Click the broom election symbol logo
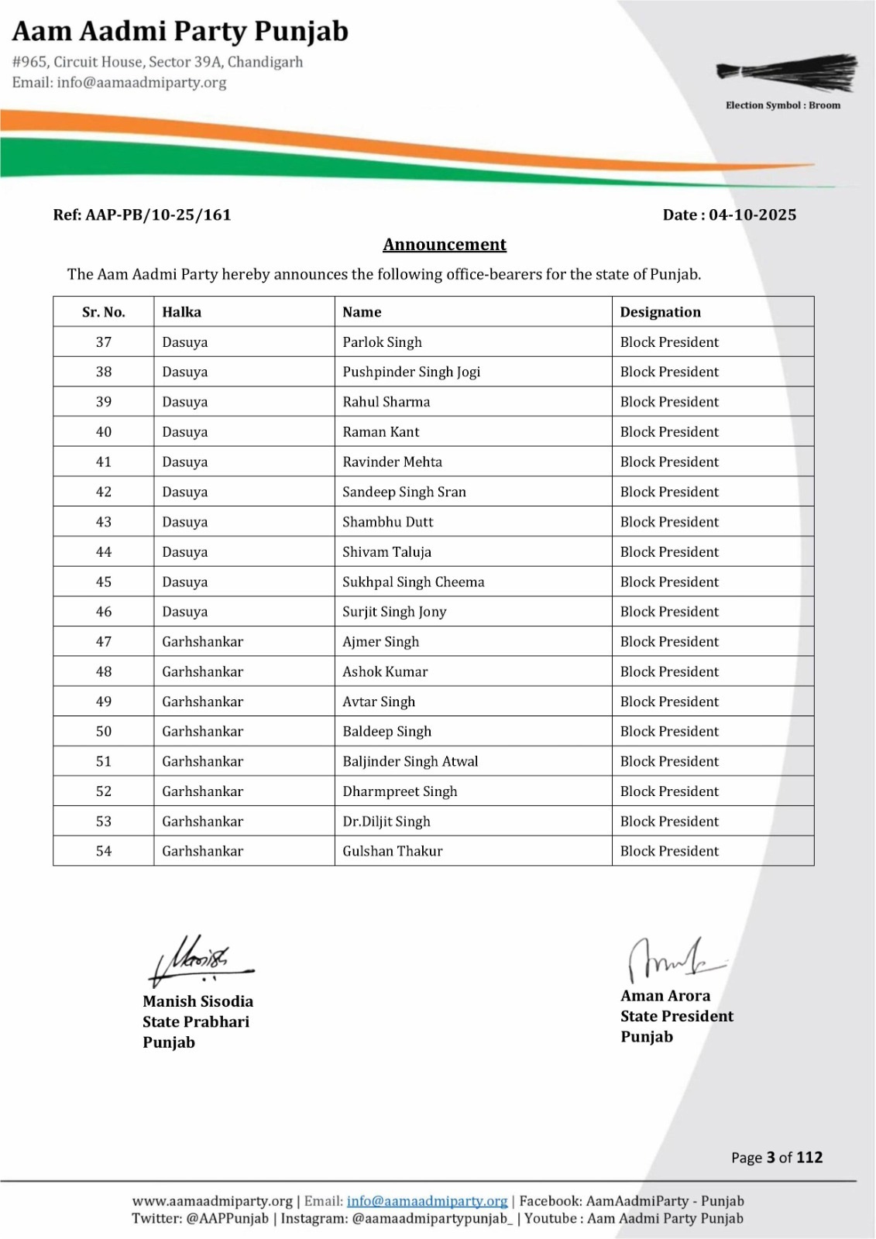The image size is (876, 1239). click(x=787, y=74)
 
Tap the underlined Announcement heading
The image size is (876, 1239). click(x=445, y=245)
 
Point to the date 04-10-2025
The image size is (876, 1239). click(x=752, y=215)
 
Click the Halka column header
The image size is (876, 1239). click(x=181, y=312)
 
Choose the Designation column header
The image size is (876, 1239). click(x=660, y=312)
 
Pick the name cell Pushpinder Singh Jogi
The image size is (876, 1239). click(x=411, y=372)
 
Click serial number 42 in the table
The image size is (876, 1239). click(x=104, y=492)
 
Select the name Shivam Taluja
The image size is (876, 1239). click(x=386, y=552)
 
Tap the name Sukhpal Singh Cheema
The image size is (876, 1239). click(x=414, y=582)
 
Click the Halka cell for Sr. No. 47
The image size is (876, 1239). click(x=202, y=642)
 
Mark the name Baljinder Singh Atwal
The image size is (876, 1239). click(x=411, y=761)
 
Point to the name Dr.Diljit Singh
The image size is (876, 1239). click(x=386, y=822)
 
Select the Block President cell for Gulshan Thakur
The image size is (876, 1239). click(x=669, y=851)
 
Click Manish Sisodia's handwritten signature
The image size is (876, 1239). click(x=199, y=961)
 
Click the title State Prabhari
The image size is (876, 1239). click(x=196, y=1022)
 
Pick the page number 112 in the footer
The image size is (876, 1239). click(x=809, y=1158)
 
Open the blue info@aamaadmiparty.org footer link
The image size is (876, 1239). click(x=427, y=1201)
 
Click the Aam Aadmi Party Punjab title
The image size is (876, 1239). click(x=180, y=32)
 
